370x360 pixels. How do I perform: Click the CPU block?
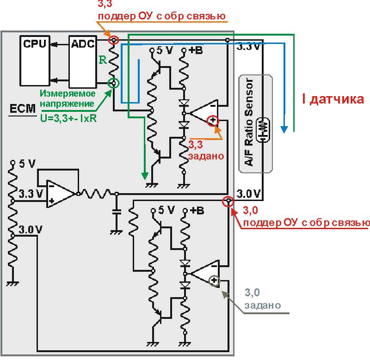point(35,61)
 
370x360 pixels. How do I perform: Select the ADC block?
point(83,62)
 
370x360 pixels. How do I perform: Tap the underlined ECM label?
point(22,109)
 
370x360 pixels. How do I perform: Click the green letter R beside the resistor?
point(103,60)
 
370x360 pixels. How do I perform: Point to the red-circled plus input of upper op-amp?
point(213,121)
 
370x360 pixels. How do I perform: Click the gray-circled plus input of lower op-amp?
point(214,281)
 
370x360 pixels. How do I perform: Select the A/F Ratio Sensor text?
point(249,122)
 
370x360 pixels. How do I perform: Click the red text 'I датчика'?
point(333,99)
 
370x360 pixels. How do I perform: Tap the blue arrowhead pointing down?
point(284,129)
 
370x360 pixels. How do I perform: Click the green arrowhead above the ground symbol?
point(145,176)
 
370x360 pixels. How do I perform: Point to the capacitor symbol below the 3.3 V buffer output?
point(116,212)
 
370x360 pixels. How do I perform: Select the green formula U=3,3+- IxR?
point(68,118)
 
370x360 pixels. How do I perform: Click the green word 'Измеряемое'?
point(68,93)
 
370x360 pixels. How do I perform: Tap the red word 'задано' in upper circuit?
point(206,156)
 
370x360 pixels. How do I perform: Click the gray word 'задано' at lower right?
point(263,305)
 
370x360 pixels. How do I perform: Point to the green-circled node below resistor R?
point(113,83)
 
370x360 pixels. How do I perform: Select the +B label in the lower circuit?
point(197,210)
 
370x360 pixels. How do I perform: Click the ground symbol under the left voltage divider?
point(12,283)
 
